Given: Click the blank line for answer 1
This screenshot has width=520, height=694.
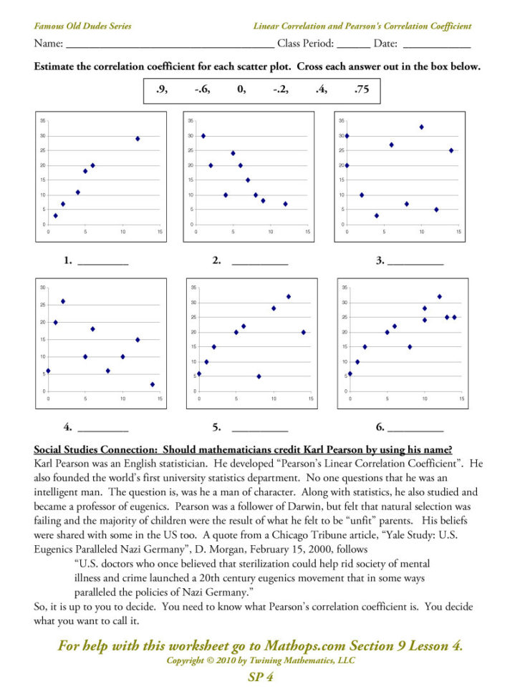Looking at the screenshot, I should (102, 263).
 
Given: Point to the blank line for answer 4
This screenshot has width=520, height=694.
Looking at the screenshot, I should (102, 430).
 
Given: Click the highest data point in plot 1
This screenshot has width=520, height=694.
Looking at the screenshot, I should (138, 139).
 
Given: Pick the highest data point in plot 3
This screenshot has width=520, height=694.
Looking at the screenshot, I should (422, 127).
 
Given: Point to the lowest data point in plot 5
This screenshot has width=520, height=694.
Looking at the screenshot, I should (259, 376).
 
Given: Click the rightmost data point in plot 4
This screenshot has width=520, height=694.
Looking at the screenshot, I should (153, 384).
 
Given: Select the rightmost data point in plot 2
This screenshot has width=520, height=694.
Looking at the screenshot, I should (285, 204).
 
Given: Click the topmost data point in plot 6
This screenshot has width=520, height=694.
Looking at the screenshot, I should (440, 296).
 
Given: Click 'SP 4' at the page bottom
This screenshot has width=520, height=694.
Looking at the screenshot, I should (259, 676).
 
